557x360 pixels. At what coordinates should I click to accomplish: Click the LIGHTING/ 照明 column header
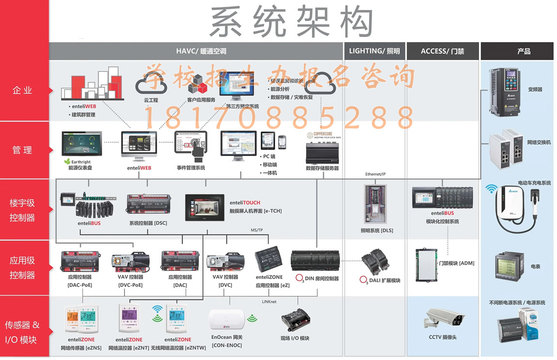[374, 51]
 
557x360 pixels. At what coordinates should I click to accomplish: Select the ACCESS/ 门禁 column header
[442, 51]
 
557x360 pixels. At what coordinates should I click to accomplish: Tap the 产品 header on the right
[517, 51]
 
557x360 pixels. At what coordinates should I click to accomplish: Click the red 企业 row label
[23, 90]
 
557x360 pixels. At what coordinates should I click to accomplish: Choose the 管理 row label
[23, 150]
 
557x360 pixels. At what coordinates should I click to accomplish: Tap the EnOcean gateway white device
[227, 320]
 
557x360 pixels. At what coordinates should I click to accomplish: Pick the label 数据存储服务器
[322, 168]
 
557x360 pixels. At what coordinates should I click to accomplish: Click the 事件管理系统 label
[191, 168]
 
